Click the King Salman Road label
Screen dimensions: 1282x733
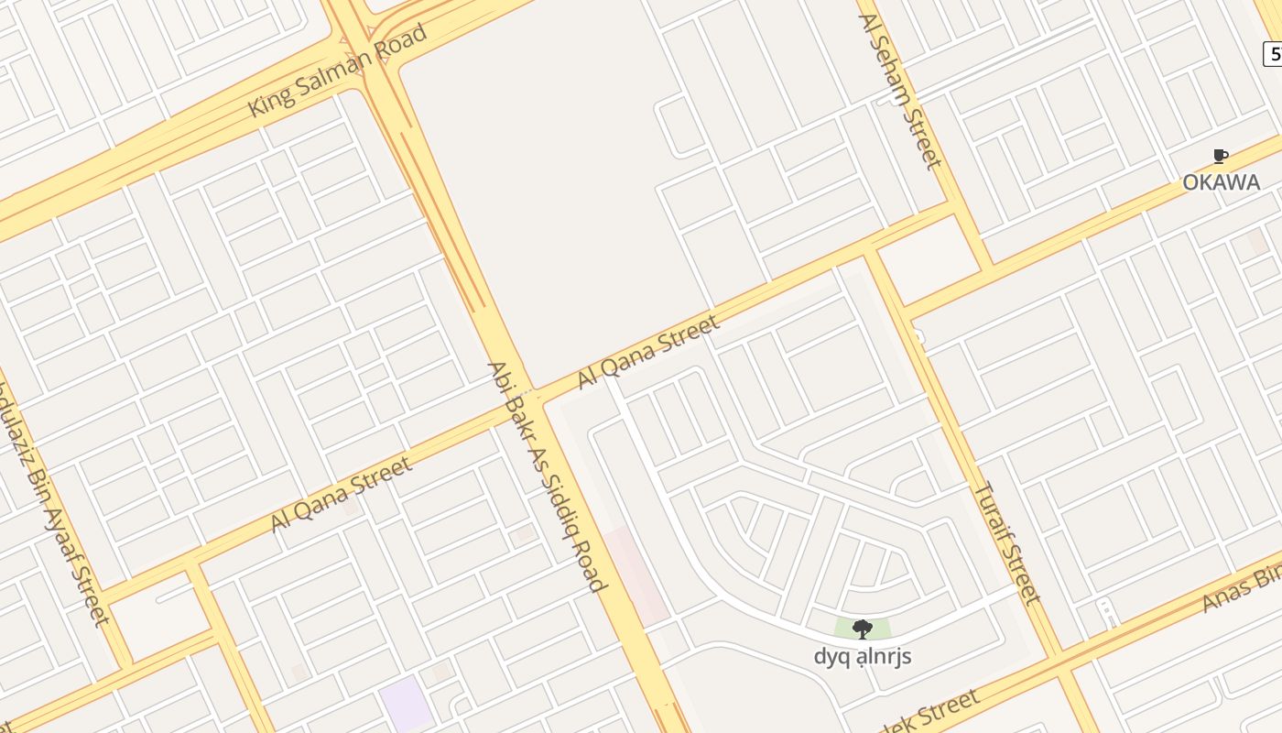337,71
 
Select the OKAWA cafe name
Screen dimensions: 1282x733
1221,182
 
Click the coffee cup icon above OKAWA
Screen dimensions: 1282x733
1220,157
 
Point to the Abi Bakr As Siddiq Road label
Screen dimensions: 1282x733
547,476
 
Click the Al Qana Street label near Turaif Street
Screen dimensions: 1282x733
647,353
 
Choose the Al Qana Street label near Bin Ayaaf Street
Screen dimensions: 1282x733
341,496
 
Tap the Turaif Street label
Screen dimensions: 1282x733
1005,542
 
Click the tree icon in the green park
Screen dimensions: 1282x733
862,629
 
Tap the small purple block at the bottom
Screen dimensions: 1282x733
406,705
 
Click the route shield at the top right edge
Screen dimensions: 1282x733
1273,55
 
